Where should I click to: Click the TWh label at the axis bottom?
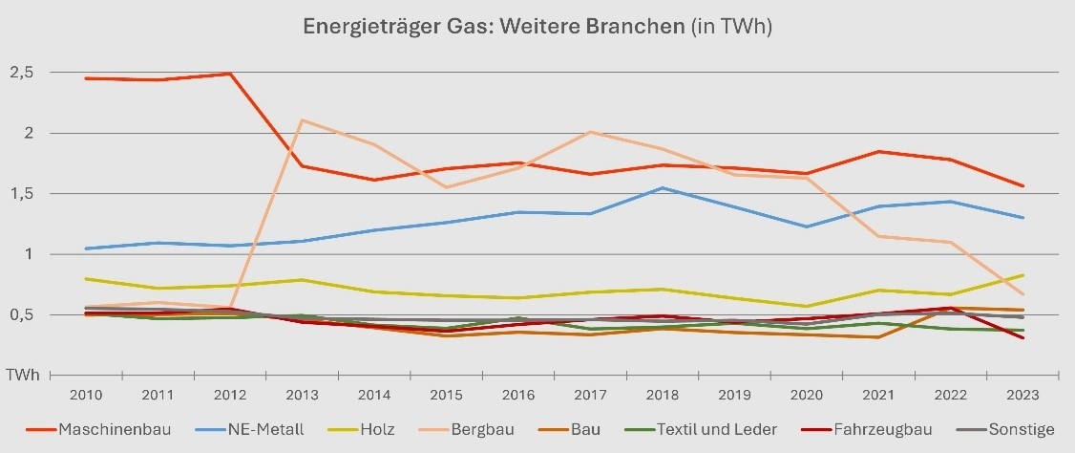tap(24, 376)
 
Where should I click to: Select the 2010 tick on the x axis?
tap(85, 394)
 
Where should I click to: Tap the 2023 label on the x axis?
tap(1022, 394)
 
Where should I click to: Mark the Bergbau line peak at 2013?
tap(303, 120)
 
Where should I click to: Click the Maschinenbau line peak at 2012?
tap(229, 74)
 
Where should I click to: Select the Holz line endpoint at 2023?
tap(1022, 275)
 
